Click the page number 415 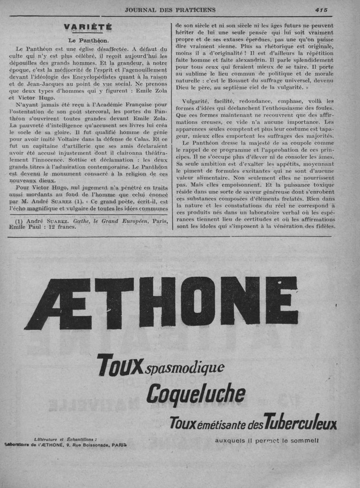(x=321, y=9)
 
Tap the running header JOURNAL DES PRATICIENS (x=170, y=9)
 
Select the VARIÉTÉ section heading (x=88, y=27)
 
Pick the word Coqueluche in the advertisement (x=196, y=394)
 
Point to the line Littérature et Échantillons (x=65, y=439)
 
